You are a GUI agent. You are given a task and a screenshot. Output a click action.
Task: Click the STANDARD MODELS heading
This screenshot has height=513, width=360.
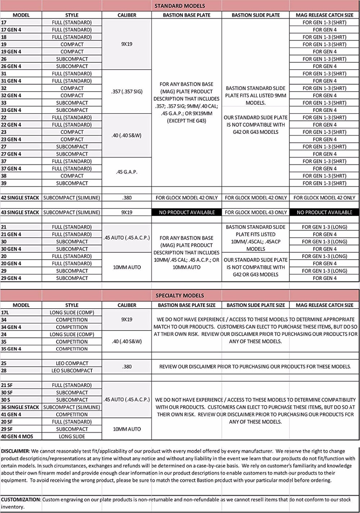click(x=180, y=6)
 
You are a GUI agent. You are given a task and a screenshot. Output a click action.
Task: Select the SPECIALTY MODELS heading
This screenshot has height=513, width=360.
click(x=180, y=296)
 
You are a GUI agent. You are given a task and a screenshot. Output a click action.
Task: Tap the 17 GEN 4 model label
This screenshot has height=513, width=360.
click(x=11, y=30)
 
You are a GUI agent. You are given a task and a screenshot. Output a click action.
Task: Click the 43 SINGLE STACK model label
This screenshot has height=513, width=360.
click(x=20, y=212)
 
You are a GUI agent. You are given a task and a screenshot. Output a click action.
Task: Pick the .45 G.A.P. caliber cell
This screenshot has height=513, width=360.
click(x=127, y=172)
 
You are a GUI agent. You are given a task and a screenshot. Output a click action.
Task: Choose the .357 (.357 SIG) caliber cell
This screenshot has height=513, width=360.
click(x=127, y=92)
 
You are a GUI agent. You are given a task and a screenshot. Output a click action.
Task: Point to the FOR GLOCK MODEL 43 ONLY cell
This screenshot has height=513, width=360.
click(x=256, y=212)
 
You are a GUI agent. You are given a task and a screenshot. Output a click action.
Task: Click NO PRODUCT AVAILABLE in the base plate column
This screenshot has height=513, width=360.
click(x=186, y=212)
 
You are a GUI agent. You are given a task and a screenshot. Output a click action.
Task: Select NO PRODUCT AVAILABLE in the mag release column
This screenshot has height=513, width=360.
click(x=324, y=212)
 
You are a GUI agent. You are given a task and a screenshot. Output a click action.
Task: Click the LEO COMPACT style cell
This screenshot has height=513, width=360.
click(x=72, y=363)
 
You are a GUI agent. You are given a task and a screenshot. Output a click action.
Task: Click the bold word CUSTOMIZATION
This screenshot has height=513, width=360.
click(x=21, y=500)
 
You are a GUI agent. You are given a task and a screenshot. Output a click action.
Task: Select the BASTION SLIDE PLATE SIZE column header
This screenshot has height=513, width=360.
click(x=256, y=305)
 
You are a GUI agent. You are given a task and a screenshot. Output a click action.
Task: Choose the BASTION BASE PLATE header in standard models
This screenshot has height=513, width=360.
click(x=186, y=15)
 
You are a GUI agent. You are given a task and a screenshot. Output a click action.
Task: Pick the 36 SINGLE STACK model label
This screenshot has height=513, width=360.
click(x=20, y=407)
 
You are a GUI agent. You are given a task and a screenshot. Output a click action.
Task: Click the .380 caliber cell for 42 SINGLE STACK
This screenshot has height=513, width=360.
click(x=127, y=198)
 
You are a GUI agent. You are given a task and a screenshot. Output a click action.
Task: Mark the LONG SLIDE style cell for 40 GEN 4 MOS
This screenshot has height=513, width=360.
click(x=72, y=436)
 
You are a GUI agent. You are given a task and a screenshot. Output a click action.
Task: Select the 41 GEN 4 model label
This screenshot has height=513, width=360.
click(x=11, y=414)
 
